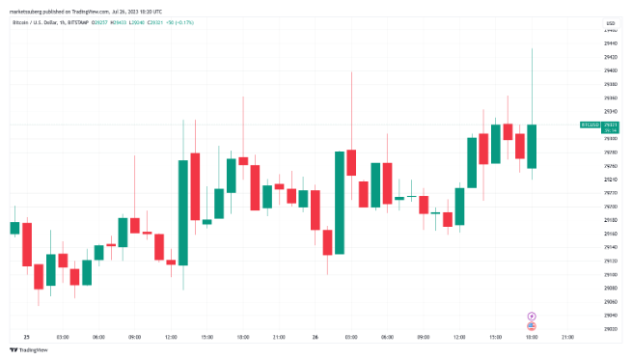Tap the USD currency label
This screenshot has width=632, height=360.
pyautogui.click(x=610, y=22)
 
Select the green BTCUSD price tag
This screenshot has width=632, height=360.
pyautogui.click(x=589, y=125)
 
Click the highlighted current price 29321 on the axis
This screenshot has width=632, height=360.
pyautogui.click(x=610, y=125)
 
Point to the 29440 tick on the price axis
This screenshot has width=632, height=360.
pyautogui.click(x=610, y=30)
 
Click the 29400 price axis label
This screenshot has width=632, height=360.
pyautogui.click(x=610, y=57)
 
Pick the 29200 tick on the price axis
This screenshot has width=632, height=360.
pyautogui.click(x=610, y=193)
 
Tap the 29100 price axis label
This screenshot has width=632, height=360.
pyautogui.click(x=610, y=261)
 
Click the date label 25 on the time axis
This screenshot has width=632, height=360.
pyautogui.click(x=26, y=337)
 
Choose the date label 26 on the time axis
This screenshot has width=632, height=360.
pyautogui.click(x=315, y=337)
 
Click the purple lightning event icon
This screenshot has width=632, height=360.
pyautogui.click(x=531, y=316)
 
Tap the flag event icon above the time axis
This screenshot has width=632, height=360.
pyautogui.click(x=531, y=326)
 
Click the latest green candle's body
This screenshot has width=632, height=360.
pyautogui.click(x=532, y=146)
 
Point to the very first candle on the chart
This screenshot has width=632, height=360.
pyautogui.click(x=14, y=228)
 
